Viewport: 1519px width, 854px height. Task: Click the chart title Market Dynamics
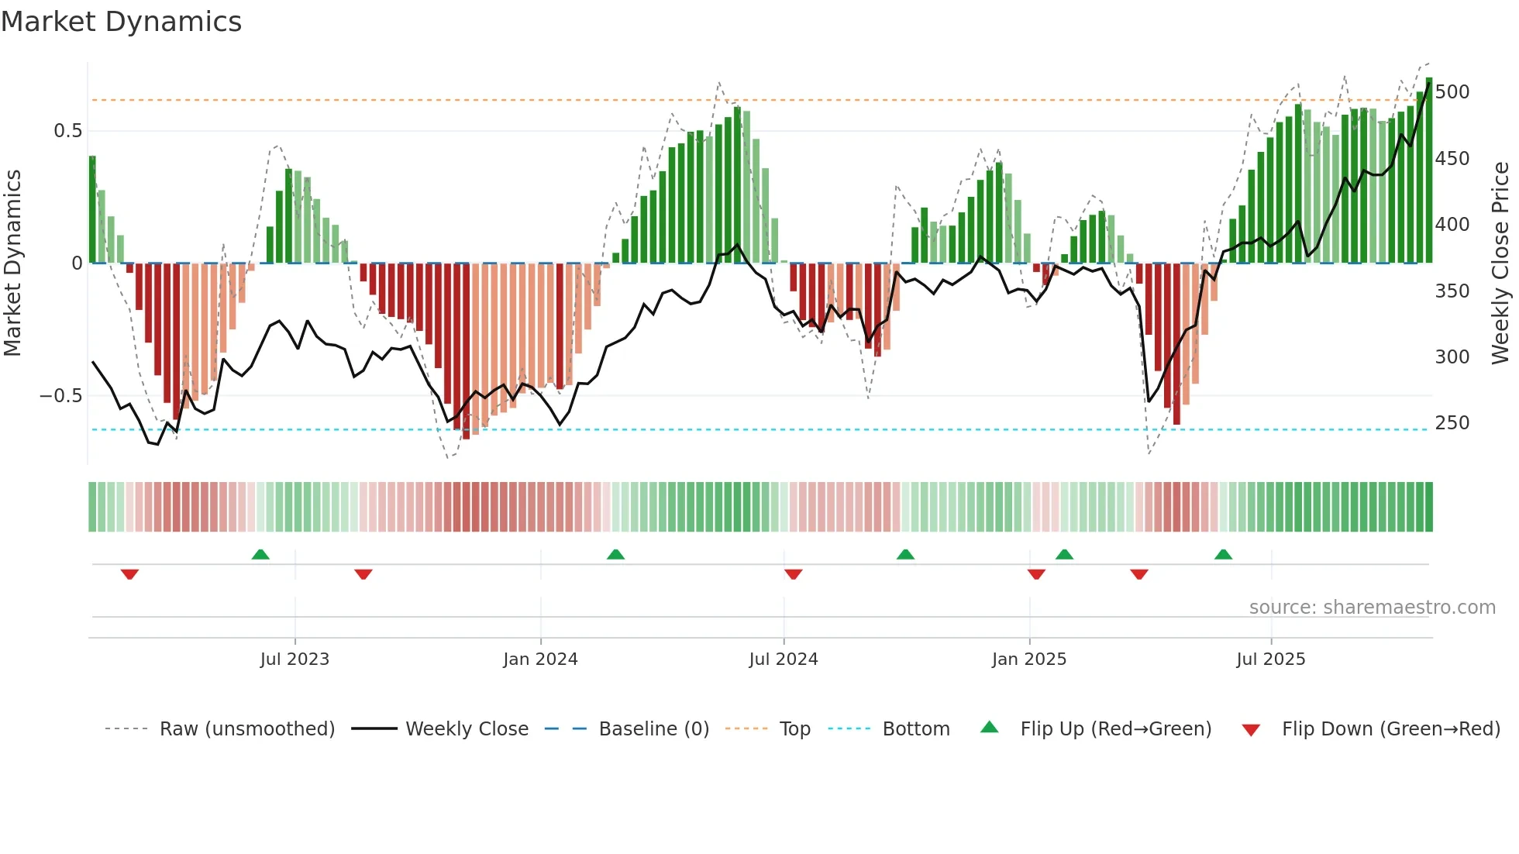point(121,22)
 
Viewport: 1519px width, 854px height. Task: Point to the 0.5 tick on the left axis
point(67,131)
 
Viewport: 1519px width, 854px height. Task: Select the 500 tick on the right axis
point(1452,92)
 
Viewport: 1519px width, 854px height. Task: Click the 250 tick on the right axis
point(1452,423)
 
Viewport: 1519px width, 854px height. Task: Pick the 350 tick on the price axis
point(1452,291)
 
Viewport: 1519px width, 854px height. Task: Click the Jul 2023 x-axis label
point(294,659)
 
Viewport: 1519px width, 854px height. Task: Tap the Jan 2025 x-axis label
point(1028,659)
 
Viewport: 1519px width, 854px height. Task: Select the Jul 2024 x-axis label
point(783,659)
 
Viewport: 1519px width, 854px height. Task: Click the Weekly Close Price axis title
point(1500,263)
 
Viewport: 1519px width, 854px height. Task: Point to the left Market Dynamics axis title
point(12,263)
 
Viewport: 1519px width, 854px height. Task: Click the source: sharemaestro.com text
point(1372,608)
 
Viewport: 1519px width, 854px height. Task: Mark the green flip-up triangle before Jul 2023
point(260,555)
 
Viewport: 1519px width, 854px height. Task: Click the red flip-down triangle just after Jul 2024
point(793,574)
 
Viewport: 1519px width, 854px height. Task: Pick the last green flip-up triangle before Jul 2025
point(1223,555)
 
